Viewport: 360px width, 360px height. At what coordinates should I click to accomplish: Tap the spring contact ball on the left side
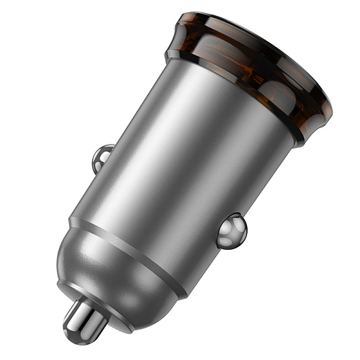pos(103,158)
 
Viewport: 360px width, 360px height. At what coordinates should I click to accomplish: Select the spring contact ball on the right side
pos(232,230)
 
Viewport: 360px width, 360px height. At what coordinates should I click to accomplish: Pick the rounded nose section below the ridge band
pos(115,274)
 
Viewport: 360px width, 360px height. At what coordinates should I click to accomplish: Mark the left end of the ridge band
pos(72,220)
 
